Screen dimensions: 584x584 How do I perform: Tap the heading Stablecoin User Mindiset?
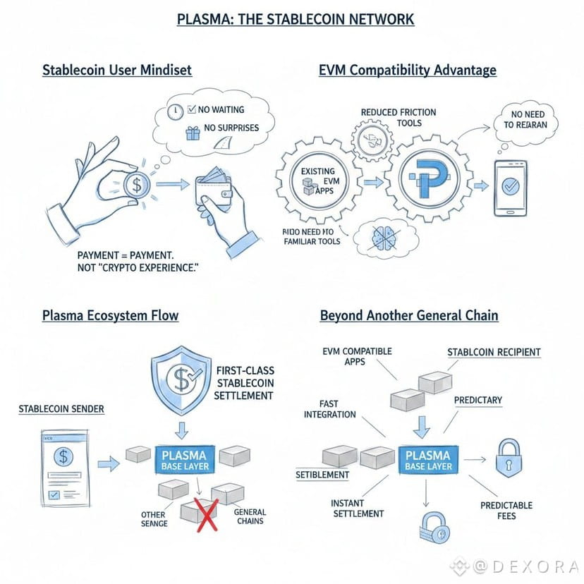click(117, 71)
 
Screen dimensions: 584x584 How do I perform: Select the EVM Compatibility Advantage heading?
click(408, 70)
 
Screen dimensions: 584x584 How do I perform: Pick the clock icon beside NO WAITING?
click(177, 111)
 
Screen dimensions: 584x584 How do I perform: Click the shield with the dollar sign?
click(183, 381)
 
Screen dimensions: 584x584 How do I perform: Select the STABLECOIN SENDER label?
click(61, 408)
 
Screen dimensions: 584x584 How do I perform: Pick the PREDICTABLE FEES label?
click(506, 511)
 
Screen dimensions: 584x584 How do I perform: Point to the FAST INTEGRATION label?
click(331, 408)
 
